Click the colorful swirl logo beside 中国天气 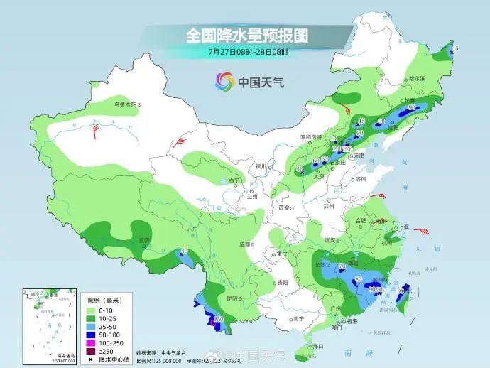pyautogui.click(x=224, y=81)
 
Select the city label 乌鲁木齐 pyautogui.click(x=125, y=105)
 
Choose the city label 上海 pyautogui.click(x=403, y=227)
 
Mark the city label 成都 pyautogui.click(x=246, y=244)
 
